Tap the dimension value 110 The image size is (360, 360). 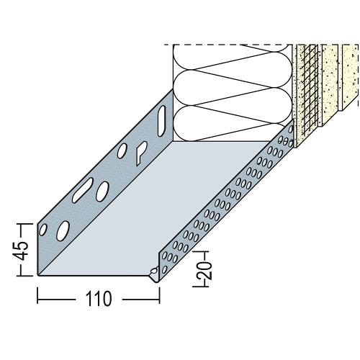99,299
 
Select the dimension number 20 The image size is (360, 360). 207,269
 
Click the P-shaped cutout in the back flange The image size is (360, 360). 141,153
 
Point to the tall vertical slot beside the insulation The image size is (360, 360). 162,121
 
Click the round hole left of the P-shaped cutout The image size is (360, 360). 122,150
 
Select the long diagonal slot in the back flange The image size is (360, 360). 83,189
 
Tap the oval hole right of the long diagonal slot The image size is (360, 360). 102,192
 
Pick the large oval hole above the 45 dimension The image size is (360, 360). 63,231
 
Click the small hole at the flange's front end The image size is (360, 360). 43,230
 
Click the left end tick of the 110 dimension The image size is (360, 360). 37,296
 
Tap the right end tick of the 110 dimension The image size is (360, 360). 159,296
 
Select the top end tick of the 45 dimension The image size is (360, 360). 24,224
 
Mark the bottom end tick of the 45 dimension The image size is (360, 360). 24,276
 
